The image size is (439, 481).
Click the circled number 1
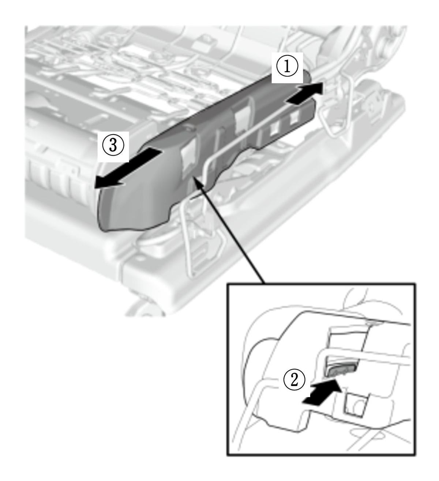tap(287, 67)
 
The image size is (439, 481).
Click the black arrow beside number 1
tap(304, 94)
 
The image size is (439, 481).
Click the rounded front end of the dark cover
tap(103, 206)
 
